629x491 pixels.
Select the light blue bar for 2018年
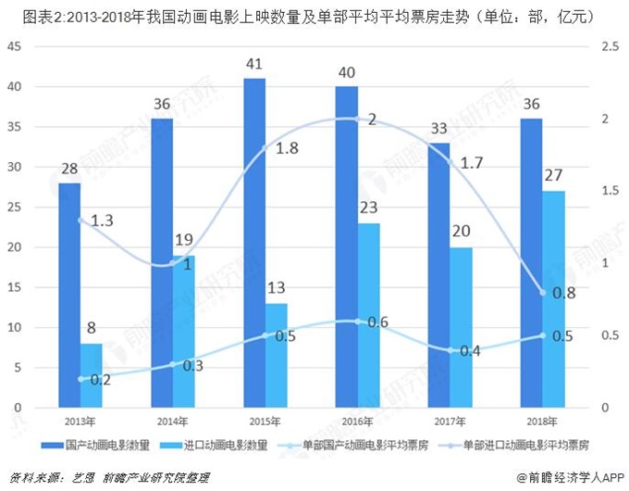click(x=554, y=299)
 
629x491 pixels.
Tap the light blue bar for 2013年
click(x=92, y=375)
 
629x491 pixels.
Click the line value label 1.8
click(x=288, y=148)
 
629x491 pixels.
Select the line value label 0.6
click(x=377, y=321)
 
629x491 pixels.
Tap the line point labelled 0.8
click(x=543, y=293)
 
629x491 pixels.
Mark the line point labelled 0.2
click(x=80, y=379)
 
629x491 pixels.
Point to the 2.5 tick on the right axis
click(x=610, y=46)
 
